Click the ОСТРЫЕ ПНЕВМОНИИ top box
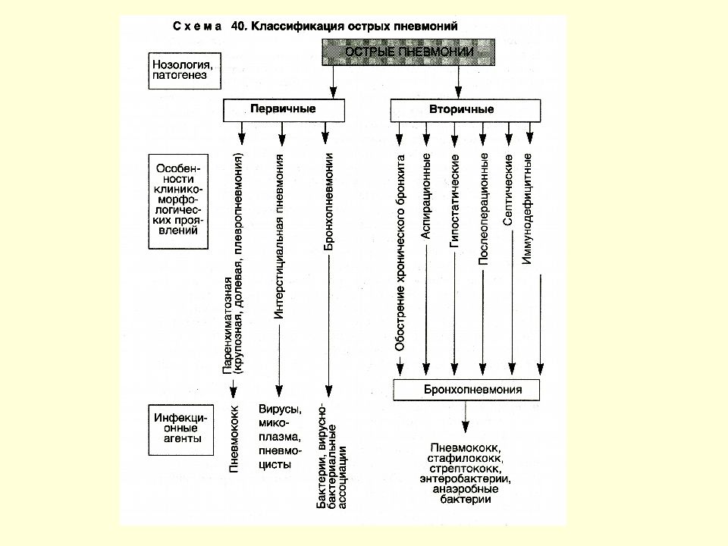click(x=409, y=52)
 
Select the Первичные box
click(x=284, y=110)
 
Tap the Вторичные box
click(x=465, y=111)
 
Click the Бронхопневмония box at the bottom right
click(x=466, y=390)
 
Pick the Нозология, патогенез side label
click(x=185, y=71)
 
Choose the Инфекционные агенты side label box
click(x=181, y=430)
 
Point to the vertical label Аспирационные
click(x=425, y=196)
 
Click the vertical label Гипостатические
click(x=454, y=200)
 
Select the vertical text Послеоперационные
click(x=483, y=209)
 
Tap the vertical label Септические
click(x=508, y=190)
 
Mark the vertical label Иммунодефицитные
click(x=527, y=209)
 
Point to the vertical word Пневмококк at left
click(x=234, y=439)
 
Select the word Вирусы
click(x=280, y=409)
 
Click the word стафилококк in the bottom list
click(x=466, y=458)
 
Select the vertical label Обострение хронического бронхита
click(x=400, y=253)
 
